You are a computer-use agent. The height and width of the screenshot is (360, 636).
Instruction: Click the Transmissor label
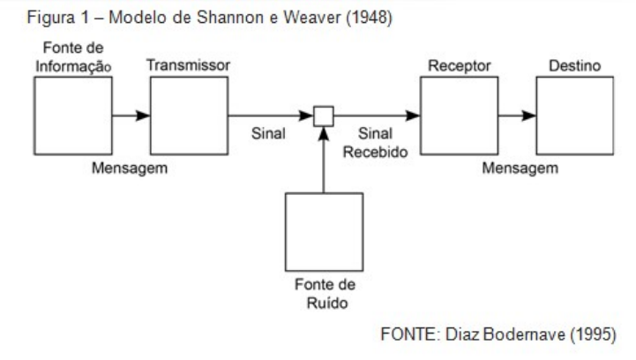(x=188, y=65)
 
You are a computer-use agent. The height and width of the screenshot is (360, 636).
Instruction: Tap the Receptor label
(x=460, y=66)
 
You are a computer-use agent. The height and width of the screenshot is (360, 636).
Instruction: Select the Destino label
(x=575, y=66)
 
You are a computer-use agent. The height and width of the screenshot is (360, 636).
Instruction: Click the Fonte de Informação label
(x=73, y=57)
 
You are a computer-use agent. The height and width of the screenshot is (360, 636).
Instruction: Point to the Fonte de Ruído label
(x=325, y=294)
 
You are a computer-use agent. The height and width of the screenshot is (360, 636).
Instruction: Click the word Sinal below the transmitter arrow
(x=268, y=133)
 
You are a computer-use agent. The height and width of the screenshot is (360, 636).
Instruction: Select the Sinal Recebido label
(x=375, y=142)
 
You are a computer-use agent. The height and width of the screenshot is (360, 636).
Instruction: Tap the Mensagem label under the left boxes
(x=130, y=168)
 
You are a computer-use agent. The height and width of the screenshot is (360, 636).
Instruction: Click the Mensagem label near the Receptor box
(x=520, y=168)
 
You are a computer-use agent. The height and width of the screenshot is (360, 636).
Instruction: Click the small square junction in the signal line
(x=324, y=116)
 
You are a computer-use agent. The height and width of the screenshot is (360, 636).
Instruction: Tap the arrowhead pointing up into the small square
(x=323, y=133)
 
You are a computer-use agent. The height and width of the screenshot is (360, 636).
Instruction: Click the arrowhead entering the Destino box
(x=529, y=116)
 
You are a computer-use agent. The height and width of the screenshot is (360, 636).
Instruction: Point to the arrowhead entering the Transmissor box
(x=143, y=116)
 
